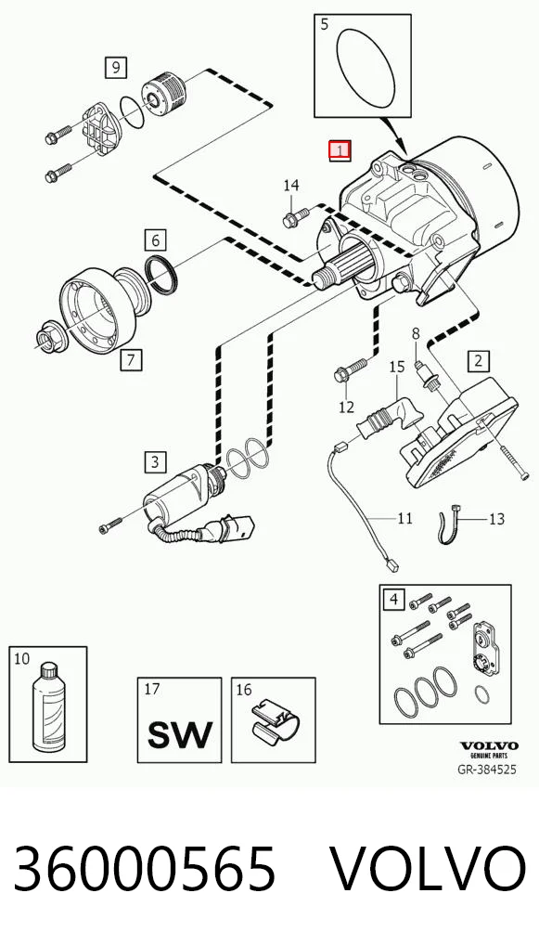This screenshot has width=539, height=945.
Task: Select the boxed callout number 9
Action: click(115, 66)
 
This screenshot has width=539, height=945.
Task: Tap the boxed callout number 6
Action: click(155, 240)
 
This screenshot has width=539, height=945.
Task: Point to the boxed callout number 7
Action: click(132, 360)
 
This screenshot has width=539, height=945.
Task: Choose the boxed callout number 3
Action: click(155, 462)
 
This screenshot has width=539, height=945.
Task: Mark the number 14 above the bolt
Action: click(291, 186)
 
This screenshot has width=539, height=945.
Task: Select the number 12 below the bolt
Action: click(346, 408)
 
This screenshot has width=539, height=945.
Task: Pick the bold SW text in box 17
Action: click(180, 733)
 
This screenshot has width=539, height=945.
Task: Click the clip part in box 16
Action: click(275, 720)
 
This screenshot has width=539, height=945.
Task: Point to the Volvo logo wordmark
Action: click(489, 745)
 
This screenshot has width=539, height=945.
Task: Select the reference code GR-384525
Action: click(488, 770)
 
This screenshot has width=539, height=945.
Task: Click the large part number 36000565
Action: click(145, 869)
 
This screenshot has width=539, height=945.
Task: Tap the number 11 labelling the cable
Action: click(404, 518)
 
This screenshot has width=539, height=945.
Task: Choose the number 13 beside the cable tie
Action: click(496, 518)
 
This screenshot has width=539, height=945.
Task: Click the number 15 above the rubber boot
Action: click(395, 367)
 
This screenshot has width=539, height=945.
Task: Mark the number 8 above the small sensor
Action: click(416, 332)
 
